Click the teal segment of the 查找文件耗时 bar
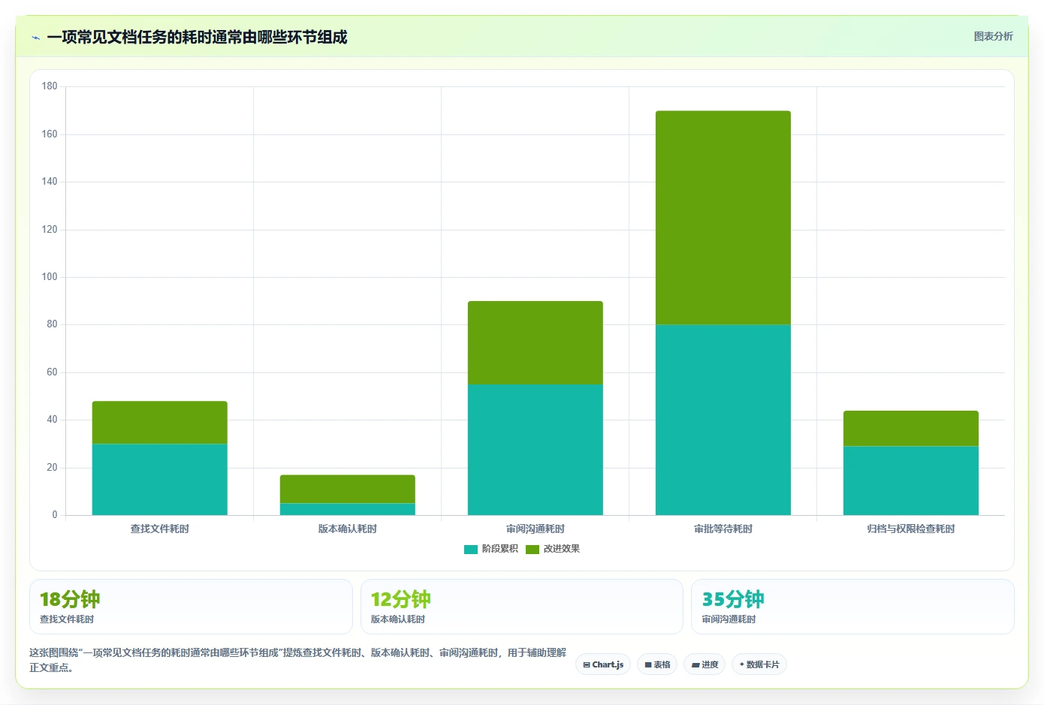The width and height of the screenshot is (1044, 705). pos(159,479)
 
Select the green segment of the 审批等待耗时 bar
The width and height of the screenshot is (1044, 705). pos(723,218)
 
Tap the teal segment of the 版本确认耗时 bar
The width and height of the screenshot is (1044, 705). pos(347,509)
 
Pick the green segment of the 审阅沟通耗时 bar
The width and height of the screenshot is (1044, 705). pos(535,342)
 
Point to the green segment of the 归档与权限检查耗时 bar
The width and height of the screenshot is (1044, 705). pos(911,428)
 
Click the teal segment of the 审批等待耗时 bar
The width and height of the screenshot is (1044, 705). pos(723,420)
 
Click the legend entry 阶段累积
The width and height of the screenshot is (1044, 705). pos(490,548)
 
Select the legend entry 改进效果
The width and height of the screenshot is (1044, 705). pos(553,548)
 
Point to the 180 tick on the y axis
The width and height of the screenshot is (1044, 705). pos(50,86)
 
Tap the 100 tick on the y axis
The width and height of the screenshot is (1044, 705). pos(50,277)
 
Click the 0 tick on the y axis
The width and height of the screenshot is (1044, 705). pos(55,514)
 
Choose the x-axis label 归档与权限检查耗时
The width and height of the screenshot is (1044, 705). pos(911,529)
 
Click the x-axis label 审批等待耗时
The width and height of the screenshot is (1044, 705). pos(723,529)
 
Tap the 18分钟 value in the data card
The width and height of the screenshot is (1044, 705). pos(70,599)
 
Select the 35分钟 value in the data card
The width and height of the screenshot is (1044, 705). pos(732,599)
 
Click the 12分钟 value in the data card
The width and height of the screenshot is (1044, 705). pos(401,599)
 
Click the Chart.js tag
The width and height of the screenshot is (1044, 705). pos(603,664)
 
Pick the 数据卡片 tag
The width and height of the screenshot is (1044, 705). pos(759,664)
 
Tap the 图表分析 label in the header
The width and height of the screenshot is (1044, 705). pos(993,36)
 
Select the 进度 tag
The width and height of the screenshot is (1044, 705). pos(705,664)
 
